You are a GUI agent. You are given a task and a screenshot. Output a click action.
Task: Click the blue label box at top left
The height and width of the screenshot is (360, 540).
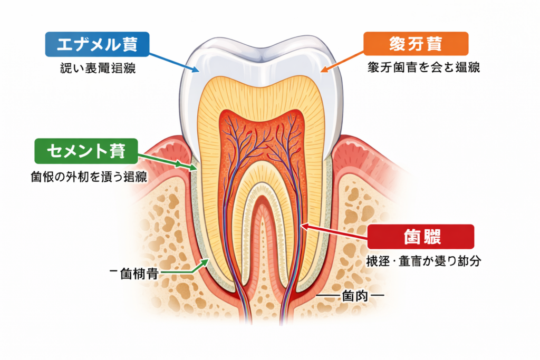(97, 45)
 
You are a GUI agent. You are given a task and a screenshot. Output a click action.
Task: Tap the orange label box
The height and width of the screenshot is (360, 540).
(416, 44)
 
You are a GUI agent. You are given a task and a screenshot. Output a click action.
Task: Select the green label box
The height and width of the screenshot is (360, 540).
(85, 151)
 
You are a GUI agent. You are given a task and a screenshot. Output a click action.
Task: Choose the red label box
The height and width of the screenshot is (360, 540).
(421, 237)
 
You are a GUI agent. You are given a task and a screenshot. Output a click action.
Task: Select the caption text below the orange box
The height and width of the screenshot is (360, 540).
(423, 69)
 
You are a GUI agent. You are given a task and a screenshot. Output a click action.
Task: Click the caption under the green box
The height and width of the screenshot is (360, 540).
(89, 177)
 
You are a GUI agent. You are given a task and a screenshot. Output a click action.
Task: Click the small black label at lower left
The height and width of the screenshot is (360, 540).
(134, 275)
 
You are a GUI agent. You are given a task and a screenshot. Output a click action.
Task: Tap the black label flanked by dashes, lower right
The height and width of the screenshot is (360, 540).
(350, 297)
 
